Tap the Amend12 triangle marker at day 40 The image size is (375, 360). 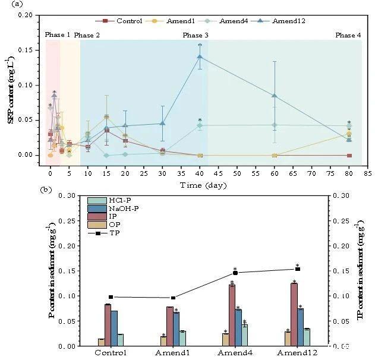pyautogui.click(x=200, y=57)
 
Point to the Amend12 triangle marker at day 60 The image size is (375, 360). pyautogui.click(x=275, y=96)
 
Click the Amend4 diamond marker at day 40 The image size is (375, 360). pyautogui.click(x=200, y=125)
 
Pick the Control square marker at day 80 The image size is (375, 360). pyautogui.click(x=349, y=155)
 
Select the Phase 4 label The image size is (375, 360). pyautogui.click(x=348, y=35)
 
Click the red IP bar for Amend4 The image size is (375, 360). pyautogui.click(x=232, y=315)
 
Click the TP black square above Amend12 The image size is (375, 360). pyautogui.click(x=298, y=269)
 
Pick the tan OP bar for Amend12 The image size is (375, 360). pyautogui.click(x=288, y=339)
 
